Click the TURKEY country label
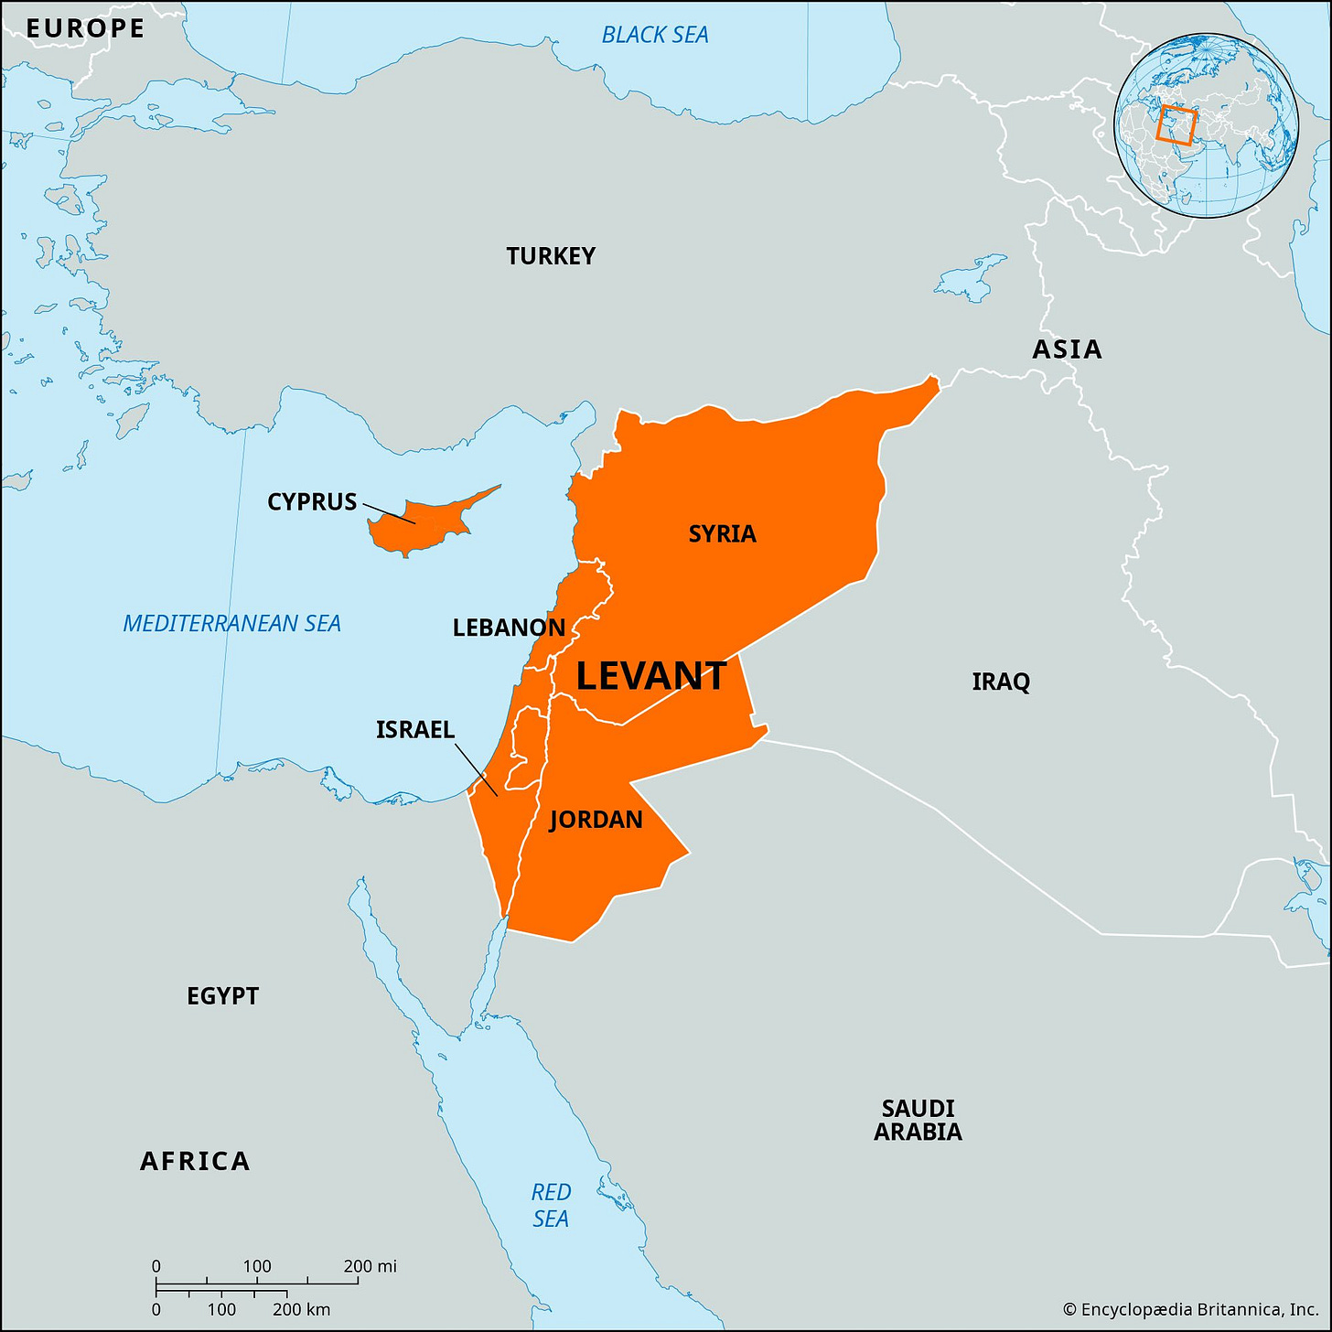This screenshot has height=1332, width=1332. pyautogui.click(x=551, y=256)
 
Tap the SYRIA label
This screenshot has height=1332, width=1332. pyautogui.click(x=722, y=534)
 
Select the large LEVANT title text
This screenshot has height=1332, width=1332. pyautogui.click(x=651, y=677)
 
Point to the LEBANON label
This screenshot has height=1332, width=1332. pyautogui.click(x=509, y=628)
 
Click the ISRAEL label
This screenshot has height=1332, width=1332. pyautogui.click(x=415, y=730)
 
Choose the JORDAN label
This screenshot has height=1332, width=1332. pyautogui.click(x=596, y=820)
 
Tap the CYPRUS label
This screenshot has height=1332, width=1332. pyautogui.click(x=312, y=502)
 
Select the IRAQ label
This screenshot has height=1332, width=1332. pyautogui.click(x=1001, y=682)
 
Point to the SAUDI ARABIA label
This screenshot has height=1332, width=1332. pyautogui.click(x=918, y=1121)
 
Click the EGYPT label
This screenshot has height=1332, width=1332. pyautogui.click(x=222, y=996)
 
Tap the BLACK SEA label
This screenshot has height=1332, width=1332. pyautogui.click(x=655, y=35)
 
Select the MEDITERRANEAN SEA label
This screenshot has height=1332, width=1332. pyautogui.click(x=231, y=624)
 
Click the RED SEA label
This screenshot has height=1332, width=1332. pyautogui.click(x=551, y=1206)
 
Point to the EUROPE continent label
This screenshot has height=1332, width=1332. pyautogui.click(x=85, y=28)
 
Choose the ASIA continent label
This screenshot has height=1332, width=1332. pyautogui.click(x=1067, y=349)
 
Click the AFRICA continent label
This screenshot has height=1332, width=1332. pyautogui.click(x=195, y=1162)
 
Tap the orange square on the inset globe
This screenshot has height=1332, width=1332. pyautogui.click(x=1176, y=125)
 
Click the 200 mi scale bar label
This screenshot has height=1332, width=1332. pyautogui.click(x=370, y=1266)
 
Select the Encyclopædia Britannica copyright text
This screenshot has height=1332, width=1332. pyautogui.click(x=1190, y=1310)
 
